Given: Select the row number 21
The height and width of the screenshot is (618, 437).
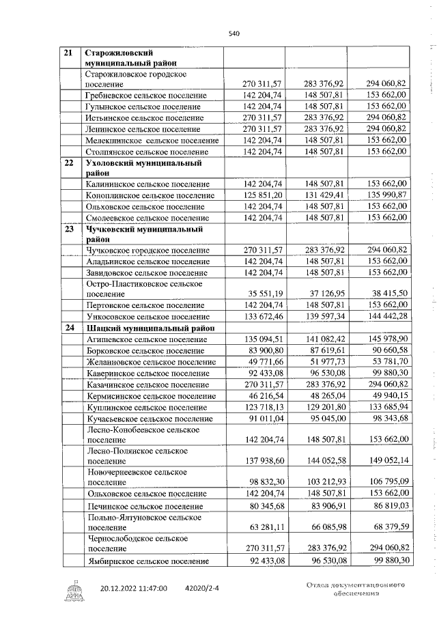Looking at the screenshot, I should click(68, 53).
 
